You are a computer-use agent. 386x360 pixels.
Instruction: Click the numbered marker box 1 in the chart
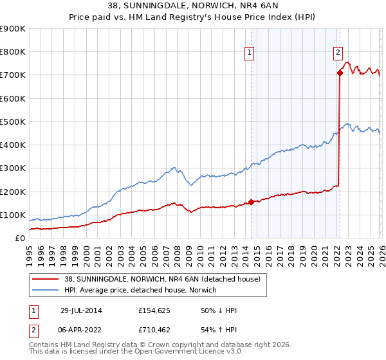(249, 53)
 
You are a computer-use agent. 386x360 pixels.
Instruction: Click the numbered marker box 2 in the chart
(338, 53)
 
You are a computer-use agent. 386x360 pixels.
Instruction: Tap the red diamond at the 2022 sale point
(339, 73)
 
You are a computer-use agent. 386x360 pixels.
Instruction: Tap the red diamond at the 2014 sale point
(252, 202)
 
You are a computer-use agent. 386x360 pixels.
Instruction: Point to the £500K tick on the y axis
(13, 122)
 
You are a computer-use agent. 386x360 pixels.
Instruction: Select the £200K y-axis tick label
(13, 192)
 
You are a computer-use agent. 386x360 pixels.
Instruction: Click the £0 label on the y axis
(19, 238)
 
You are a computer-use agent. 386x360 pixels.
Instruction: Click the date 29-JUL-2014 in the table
(81, 310)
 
